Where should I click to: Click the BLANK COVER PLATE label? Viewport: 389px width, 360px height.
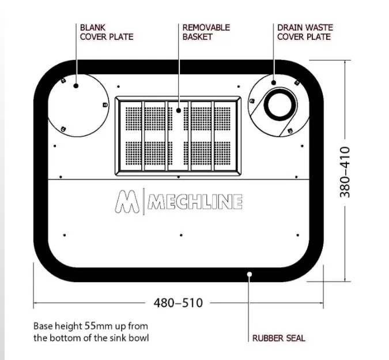pyautogui.click(x=107, y=32)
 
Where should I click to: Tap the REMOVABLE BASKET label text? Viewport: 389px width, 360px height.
pyautogui.click(x=206, y=32)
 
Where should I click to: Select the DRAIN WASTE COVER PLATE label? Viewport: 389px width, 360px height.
pyautogui.click(x=305, y=32)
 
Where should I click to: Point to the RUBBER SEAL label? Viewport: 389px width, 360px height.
pyautogui.click(x=278, y=338)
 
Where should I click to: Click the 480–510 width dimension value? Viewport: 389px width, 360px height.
pyautogui.click(x=178, y=303)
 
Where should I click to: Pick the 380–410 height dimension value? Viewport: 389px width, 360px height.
pyautogui.click(x=345, y=172)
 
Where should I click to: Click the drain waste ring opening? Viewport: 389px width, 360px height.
pyautogui.click(x=280, y=104)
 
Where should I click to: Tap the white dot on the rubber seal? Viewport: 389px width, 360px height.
pyautogui.click(x=250, y=274)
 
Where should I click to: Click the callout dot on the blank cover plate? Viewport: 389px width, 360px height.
pyautogui.click(x=76, y=85)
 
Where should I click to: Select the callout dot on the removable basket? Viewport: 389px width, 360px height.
pyautogui.click(x=179, y=110)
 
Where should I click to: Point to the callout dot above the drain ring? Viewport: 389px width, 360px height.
pyautogui.click(x=274, y=82)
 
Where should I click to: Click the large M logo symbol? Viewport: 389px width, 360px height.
pyautogui.click(x=127, y=201)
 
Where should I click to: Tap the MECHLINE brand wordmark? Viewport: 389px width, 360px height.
pyautogui.click(x=195, y=201)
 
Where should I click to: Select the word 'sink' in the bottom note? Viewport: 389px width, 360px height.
pyautogui.click(x=119, y=338)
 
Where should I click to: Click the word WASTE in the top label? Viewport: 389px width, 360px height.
pyautogui.click(x=319, y=28)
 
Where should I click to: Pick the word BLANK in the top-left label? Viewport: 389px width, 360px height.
pyautogui.click(x=93, y=28)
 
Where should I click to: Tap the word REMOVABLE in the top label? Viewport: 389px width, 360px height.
pyautogui.click(x=206, y=28)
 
